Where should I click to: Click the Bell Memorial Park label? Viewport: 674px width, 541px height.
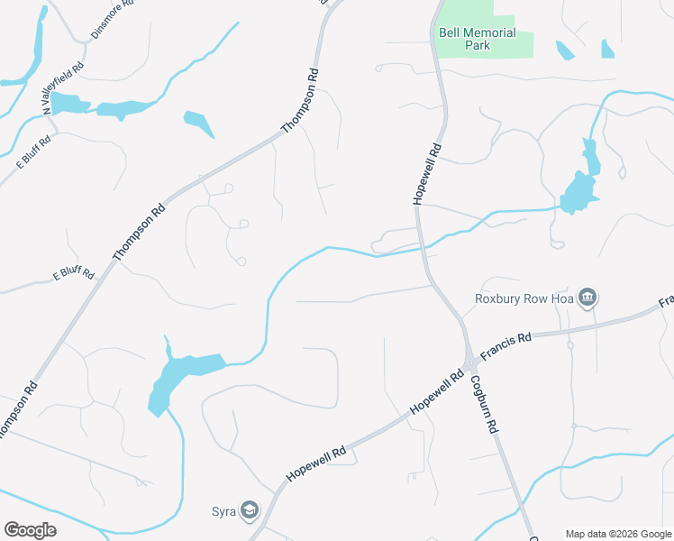[477, 39]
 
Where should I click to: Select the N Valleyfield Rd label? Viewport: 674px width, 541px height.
[63, 86]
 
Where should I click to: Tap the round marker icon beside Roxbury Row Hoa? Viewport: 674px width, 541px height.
[587, 298]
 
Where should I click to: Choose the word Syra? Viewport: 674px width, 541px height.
[224, 512]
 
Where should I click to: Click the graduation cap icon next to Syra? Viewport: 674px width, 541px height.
[250, 512]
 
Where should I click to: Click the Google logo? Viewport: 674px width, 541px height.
[30, 530]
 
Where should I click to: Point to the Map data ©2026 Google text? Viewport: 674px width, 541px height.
[618, 534]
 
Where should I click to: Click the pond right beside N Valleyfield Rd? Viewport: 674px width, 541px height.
[68, 104]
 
